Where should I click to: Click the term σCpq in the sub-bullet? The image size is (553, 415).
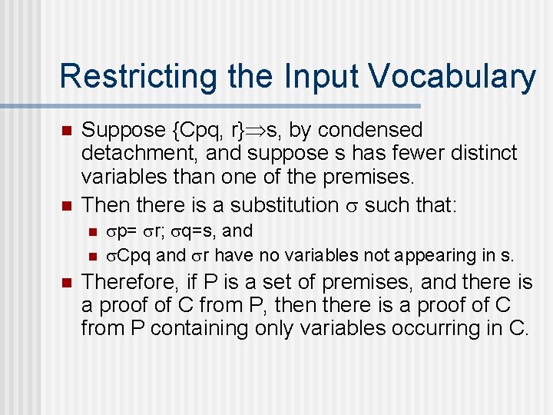tap(128, 255)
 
